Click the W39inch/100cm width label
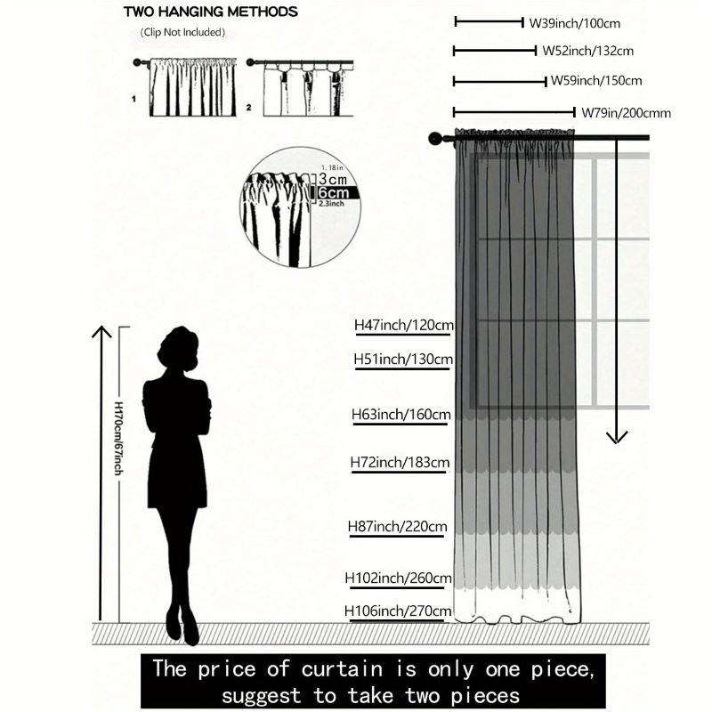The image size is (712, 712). point(574,23)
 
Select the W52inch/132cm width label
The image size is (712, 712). point(587,51)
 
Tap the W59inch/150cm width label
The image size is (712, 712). point(596,81)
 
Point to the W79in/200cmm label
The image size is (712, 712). point(627,113)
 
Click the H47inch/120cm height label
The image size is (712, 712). point(404,325)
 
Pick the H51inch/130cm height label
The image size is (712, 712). point(403,360)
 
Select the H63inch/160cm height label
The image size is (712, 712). point(401,415)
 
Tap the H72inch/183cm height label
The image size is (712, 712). point(400,462)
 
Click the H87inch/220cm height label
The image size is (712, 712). point(397,526)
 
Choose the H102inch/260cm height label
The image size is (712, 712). point(398,578)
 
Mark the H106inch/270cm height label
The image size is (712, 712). point(398,611)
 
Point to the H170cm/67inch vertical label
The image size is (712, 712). point(118,438)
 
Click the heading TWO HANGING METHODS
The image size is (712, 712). point(211,12)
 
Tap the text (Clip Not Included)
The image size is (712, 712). point(182,32)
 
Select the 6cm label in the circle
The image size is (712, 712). point(334,192)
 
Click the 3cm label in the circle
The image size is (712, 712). point(333,179)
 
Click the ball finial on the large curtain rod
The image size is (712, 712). point(435,139)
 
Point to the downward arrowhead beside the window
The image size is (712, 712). point(617,437)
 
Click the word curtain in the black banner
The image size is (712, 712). point(342,669)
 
